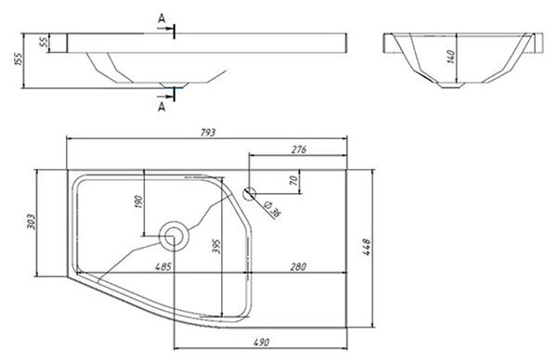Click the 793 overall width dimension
(x=208, y=133)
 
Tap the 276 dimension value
(x=299, y=149)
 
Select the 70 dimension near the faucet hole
(x=293, y=180)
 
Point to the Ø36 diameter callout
(x=272, y=209)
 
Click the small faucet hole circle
(x=250, y=194)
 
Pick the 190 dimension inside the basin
(x=139, y=201)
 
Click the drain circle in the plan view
(x=174, y=236)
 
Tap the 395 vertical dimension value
(x=216, y=247)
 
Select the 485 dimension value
(x=163, y=266)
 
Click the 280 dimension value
(x=298, y=266)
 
